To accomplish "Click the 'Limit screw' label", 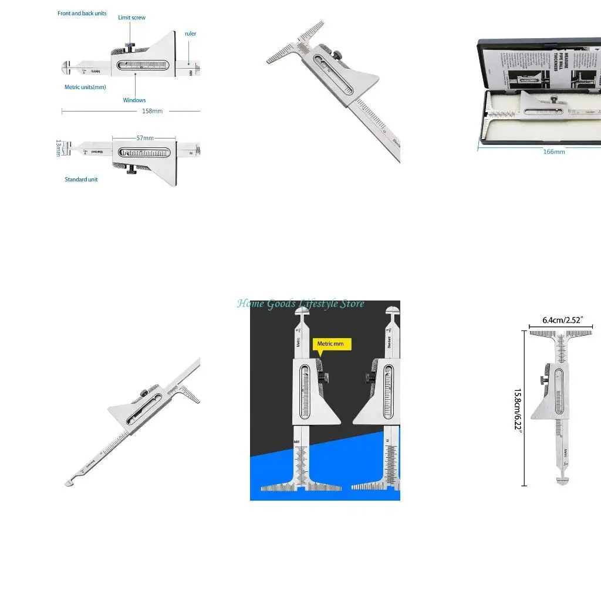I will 131,18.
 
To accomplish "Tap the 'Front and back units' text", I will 82,13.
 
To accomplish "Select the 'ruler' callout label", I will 190,33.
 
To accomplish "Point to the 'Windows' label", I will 134,100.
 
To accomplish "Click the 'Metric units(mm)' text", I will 85,87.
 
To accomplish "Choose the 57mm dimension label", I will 145,138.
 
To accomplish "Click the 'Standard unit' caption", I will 81,180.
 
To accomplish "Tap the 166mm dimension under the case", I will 554,151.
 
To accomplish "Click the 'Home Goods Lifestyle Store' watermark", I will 300,303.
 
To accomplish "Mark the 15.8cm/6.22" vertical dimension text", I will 518,409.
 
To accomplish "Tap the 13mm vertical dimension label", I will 58,147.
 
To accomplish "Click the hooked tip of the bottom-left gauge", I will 69,483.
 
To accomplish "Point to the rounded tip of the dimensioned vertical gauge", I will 562,481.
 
